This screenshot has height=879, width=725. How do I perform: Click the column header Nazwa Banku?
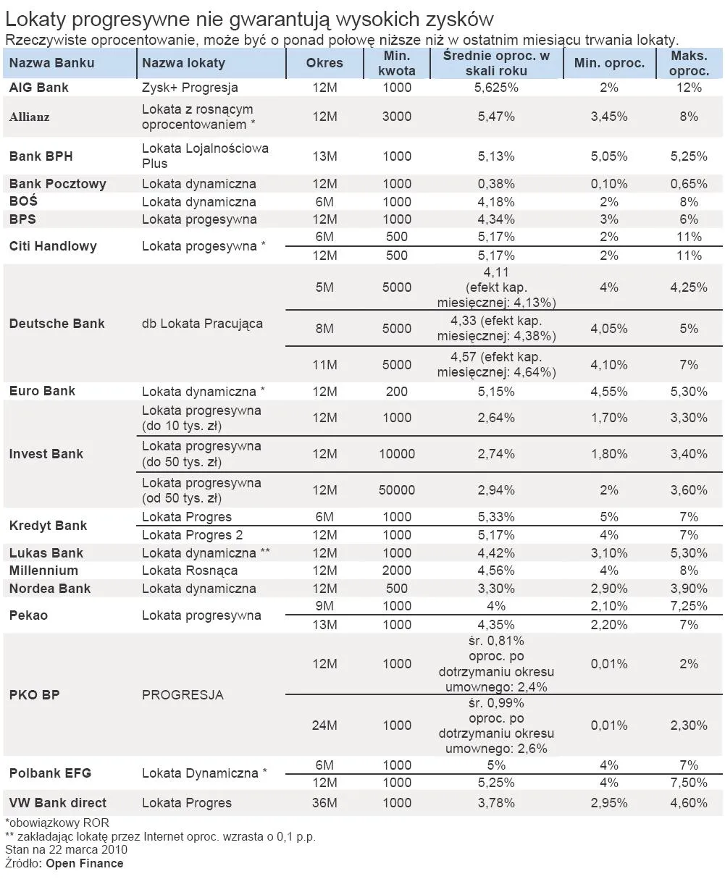51,63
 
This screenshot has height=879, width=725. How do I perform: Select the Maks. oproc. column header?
689,63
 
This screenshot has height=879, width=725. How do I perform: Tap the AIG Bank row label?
39,88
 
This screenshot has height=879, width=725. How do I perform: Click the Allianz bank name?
30,117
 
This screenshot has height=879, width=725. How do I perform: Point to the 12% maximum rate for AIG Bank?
689,88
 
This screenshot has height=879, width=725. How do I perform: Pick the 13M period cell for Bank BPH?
324,156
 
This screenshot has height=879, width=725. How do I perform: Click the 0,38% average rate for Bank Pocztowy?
496,184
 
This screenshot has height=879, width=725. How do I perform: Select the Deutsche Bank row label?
56,324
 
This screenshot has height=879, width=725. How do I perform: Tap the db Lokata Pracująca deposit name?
202,324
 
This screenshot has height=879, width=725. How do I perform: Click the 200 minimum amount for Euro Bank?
396,392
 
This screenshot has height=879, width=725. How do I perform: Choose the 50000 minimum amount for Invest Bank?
396,490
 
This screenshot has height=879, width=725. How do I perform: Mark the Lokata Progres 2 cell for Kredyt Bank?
192,535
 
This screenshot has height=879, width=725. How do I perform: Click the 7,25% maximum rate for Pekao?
689,606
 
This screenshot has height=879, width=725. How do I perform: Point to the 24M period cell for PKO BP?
324,726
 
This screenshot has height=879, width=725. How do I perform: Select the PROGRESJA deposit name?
183,695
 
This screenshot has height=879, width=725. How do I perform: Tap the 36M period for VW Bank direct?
324,803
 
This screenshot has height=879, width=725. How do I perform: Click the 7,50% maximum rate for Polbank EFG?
689,783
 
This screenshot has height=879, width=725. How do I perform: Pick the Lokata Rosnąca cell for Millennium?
190,571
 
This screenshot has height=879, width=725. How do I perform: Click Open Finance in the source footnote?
85,863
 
